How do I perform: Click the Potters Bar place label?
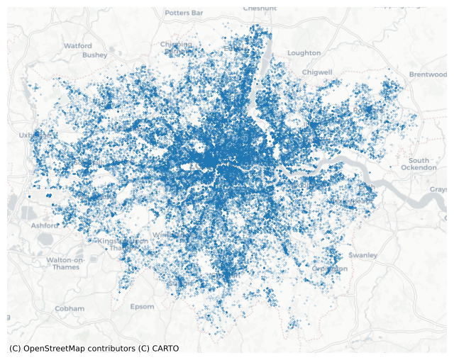[184, 13]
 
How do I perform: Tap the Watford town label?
[78, 45]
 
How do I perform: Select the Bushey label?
[94, 55]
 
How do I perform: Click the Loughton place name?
[304, 52]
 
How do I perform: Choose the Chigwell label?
[317, 72]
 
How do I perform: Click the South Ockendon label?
[423, 164]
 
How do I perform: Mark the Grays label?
[438, 189]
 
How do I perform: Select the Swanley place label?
[363, 254]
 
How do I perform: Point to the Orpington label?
[330, 269]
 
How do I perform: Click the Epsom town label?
[142, 307]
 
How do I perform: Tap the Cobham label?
[70, 308]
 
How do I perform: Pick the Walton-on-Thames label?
[66, 264]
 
